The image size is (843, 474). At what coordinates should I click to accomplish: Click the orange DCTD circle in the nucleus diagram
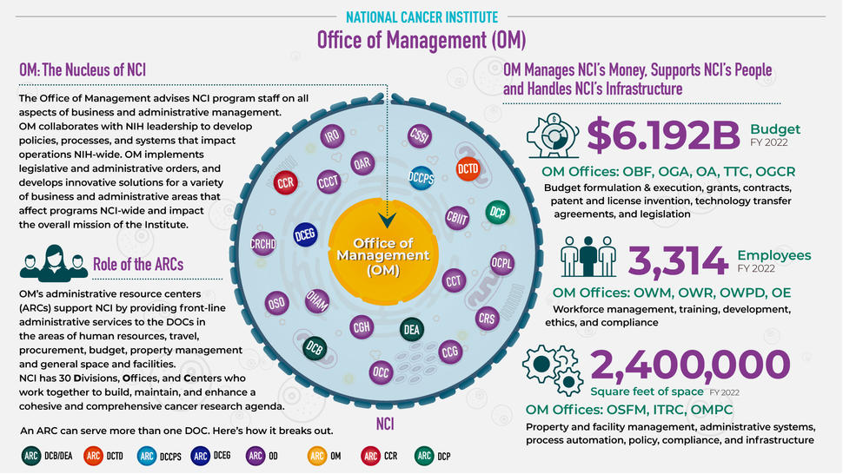[x=468, y=171]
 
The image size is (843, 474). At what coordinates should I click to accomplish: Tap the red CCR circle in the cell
[x=286, y=183]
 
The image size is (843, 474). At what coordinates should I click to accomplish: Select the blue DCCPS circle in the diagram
[x=421, y=176]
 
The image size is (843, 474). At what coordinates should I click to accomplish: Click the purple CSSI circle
[x=420, y=136]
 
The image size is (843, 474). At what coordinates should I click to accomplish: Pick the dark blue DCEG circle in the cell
[x=304, y=234]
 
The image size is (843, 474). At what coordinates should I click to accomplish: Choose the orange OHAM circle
[x=316, y=300]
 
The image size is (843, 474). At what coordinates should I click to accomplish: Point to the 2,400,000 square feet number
[x=690, y=365]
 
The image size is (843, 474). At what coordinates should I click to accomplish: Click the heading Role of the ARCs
[x=138, y=264]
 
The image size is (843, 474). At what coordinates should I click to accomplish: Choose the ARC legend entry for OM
[x=327, y=454]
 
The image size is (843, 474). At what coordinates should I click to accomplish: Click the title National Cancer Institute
[x=421, y=16]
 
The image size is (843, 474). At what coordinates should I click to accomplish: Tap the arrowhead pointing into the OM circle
[x=388, y=220]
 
